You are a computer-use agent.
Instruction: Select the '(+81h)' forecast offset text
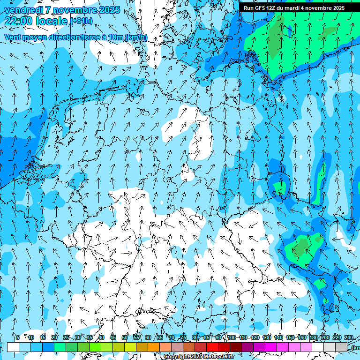point(82,21)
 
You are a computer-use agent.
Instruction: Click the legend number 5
point(18,337)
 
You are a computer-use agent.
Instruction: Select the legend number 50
point(125,337)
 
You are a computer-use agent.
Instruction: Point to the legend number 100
point(232,337)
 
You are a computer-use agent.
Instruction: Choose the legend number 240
point(349,337)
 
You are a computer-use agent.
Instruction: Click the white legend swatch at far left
point(13,347)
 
